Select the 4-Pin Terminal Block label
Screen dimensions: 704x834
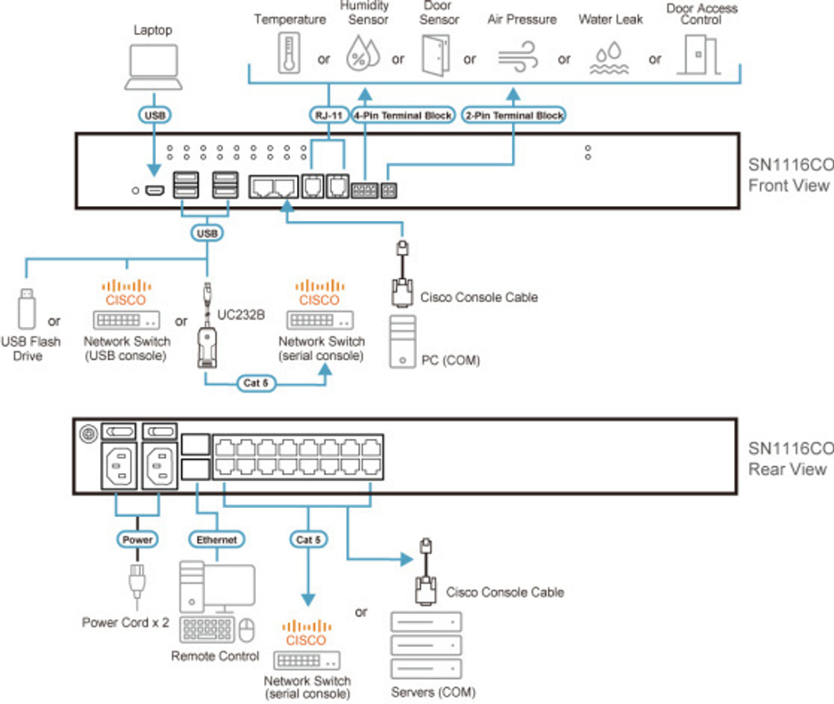coord(404,115)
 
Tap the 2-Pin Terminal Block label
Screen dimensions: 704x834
coord(513,115)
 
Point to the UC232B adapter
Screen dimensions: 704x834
coord(206,334)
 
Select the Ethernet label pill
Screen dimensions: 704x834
coord(217,540)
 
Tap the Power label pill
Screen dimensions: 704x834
coord(138,540)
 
